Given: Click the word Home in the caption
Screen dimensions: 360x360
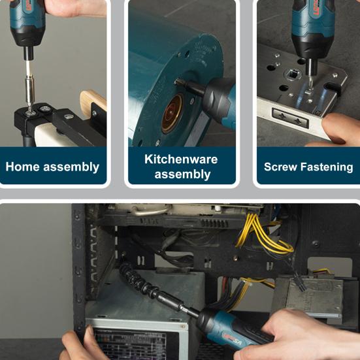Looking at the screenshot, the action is click(x=22, y=167).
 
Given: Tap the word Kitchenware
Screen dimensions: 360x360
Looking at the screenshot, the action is click(x=181, y=159).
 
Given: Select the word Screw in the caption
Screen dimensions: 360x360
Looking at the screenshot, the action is click(x=280, y=167).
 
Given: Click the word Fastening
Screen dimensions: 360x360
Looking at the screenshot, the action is click(x=327, y=167).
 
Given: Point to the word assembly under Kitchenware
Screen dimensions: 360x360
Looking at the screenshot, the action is click(x=182, y=174).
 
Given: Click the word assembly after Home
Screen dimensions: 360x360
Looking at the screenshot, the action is click(x=71, y=167).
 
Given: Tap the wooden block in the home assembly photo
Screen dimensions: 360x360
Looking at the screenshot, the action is click(x=93, y=103).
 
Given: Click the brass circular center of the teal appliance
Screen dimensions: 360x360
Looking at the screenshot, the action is click(x=172, y=114).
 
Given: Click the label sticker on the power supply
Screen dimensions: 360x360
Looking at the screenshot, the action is click(x=131, y=344).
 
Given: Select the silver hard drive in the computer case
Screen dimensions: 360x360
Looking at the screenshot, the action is click(x=314, y=296).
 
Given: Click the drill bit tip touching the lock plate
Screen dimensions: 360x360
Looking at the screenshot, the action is click(x=310, y=88).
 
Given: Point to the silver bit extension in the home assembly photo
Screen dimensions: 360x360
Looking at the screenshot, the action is click(x=30, y=92).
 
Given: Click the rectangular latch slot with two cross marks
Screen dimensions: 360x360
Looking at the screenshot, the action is click(x=290, y=118).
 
